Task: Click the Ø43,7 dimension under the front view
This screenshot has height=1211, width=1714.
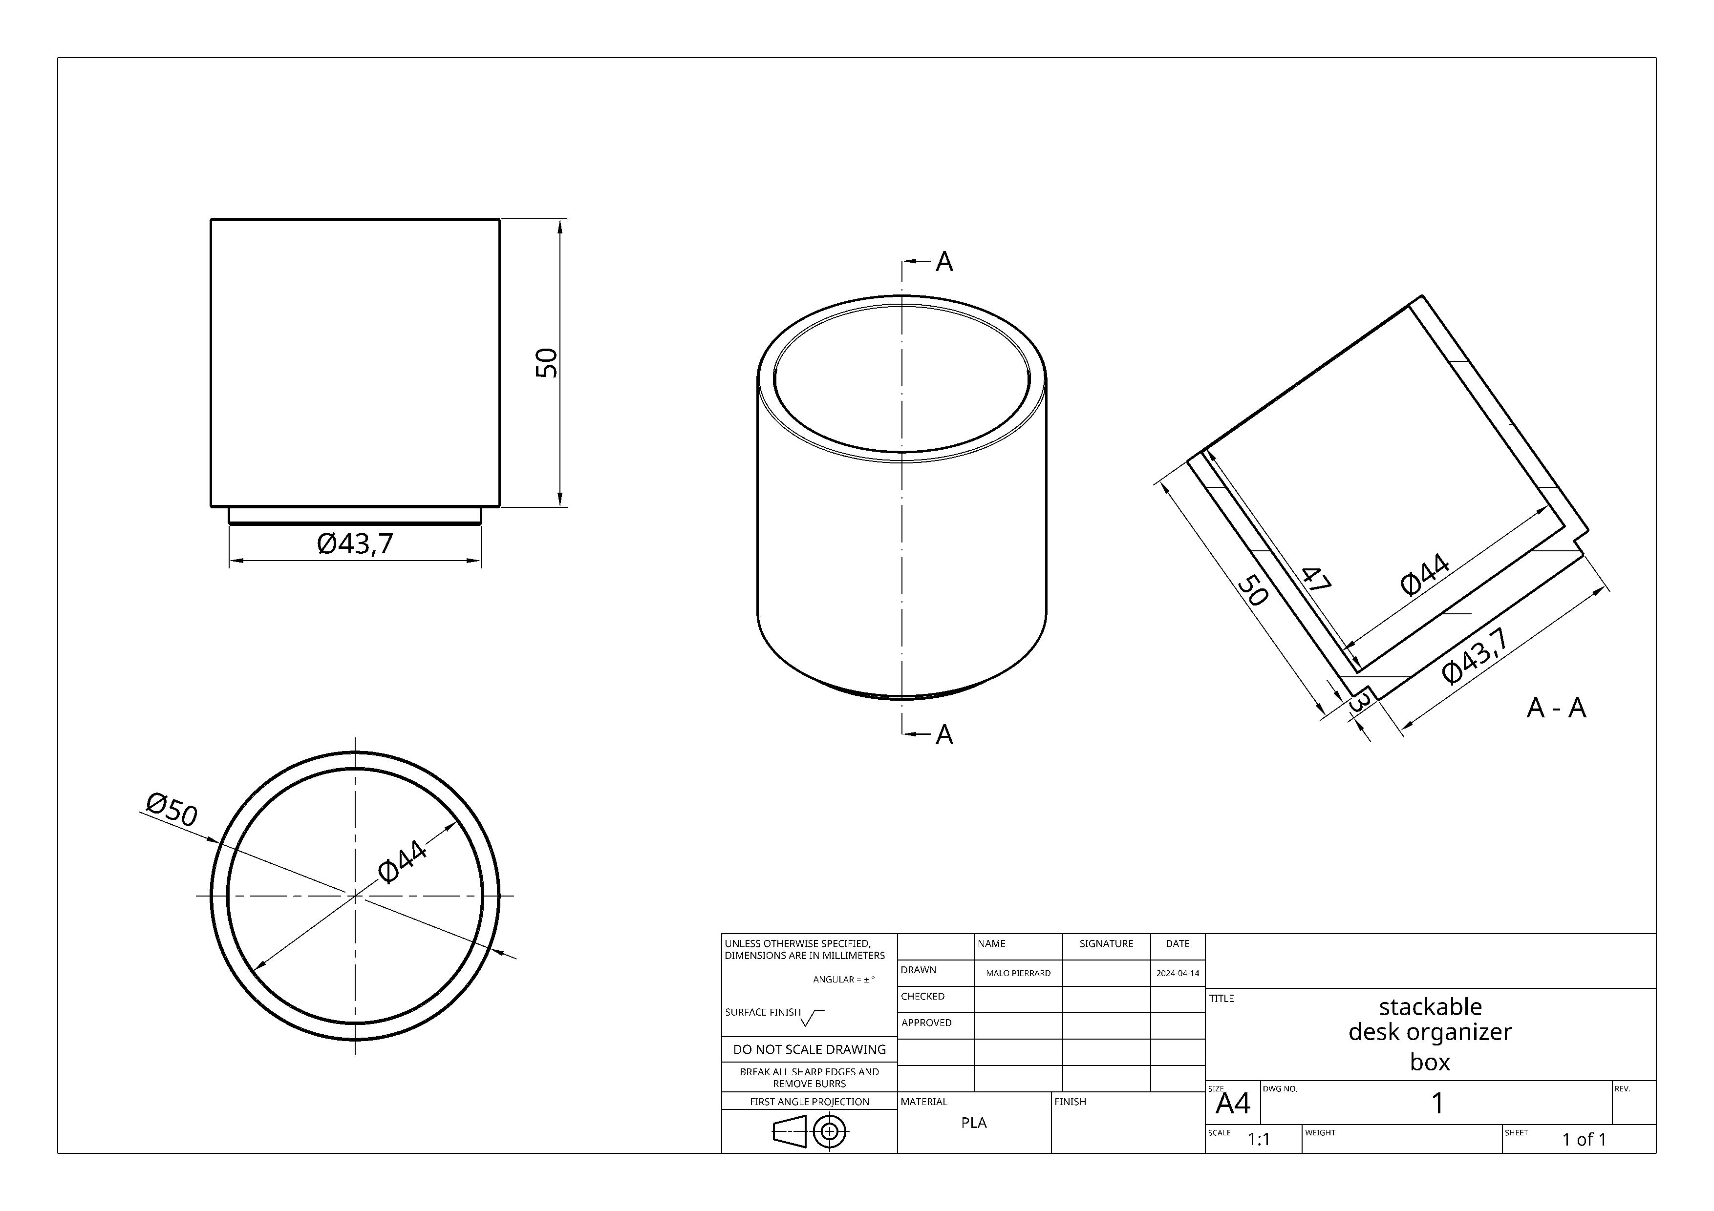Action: [x=355, y=544]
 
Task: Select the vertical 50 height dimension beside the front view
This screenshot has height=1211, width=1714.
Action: [x=547, y=363]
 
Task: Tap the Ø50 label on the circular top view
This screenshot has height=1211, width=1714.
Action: [x=171, y=810]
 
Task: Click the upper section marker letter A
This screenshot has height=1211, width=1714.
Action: [x=944, y=262]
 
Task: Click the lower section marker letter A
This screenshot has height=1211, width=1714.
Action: [x=944, y=735]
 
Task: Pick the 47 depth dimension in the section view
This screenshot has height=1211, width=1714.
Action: [x=1316, y=580]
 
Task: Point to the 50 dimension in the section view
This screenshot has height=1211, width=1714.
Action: [x=1253, y=589]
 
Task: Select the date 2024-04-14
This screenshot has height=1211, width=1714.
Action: [x=1177, y=973]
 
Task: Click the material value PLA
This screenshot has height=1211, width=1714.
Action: [x=973, y=1123]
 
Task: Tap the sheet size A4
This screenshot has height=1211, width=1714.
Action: [x=1233, y=1104]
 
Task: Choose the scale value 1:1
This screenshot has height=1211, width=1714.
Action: [x=1259, y=1139]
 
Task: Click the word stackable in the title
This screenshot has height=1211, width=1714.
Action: [x=1430, y=1006]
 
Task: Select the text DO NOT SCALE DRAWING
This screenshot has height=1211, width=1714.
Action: [x=809, y=1049]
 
